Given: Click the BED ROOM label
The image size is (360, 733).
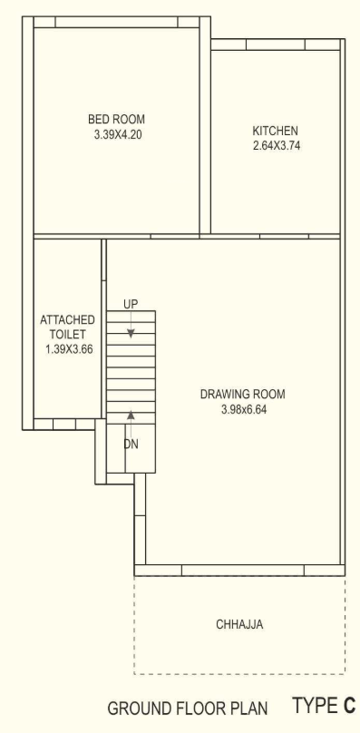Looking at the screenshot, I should coord(116,119).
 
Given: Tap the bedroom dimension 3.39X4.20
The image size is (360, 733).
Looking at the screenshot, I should coord(116,132).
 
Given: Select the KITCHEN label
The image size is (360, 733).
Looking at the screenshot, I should coord(275,131).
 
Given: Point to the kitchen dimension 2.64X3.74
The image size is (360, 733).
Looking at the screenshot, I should coord(275,144).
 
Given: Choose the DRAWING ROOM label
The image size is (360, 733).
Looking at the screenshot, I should coord(242,395).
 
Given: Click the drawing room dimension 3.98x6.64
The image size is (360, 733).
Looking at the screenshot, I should coord(242,409).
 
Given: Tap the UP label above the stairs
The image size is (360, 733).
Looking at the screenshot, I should coord(131,304).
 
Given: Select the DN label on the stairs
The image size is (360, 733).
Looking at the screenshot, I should coord(131,444).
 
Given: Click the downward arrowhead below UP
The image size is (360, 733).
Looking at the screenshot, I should coord(131,333).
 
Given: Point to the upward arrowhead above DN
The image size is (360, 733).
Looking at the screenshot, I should coord(131,415).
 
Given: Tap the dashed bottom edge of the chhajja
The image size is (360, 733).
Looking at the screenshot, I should coord(239,674).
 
